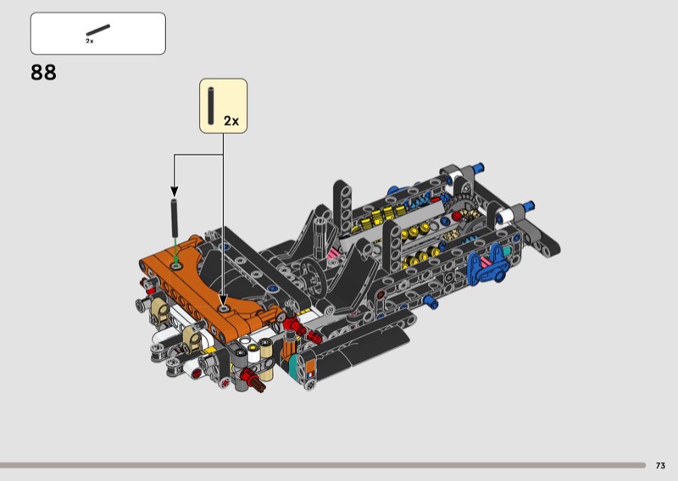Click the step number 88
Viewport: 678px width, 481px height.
(x=43, y=73)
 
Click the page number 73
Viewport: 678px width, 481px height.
(x=660, y=466)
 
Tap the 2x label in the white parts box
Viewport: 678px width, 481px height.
(x=90, y=41)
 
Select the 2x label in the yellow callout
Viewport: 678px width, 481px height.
(x=231, y=121)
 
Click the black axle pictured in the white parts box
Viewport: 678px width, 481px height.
(x=98, y=30)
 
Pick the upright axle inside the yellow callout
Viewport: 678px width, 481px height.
(x=211, y=107)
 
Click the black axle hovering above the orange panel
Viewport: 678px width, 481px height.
(x=175, y=218)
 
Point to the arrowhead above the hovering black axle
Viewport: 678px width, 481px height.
(x=175, y=191)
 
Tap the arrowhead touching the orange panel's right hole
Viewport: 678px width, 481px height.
(x=223, y=300)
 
